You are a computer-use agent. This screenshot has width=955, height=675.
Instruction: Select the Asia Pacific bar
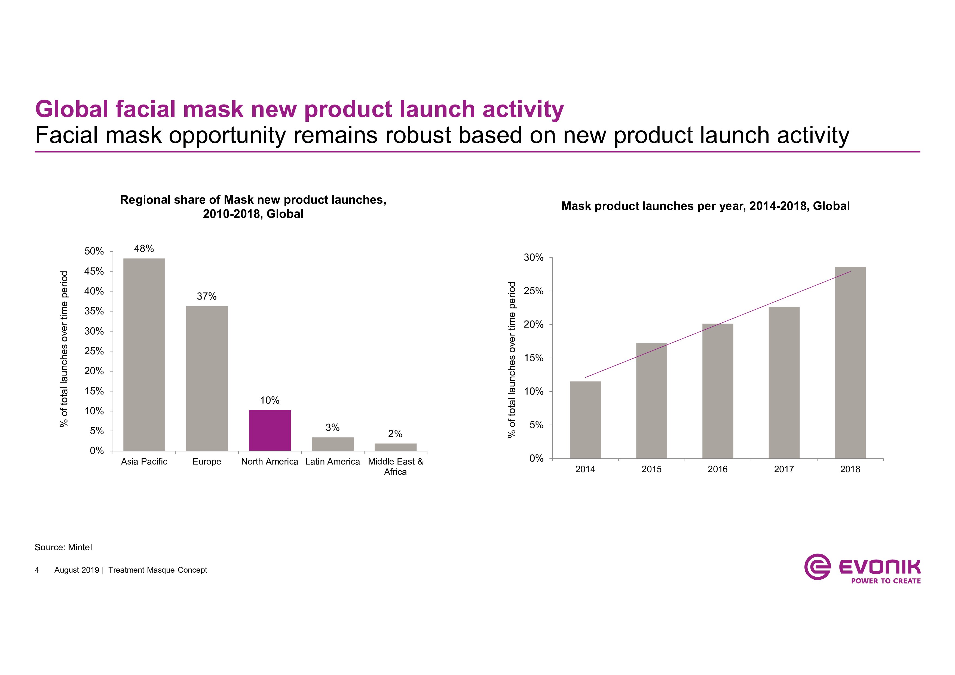coord(144,354)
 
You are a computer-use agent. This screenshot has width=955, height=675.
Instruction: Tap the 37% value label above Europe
coord(206,296)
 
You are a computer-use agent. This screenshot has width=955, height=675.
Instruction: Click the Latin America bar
coord(332,444)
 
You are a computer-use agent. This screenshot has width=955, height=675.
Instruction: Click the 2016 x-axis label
coord(718,469)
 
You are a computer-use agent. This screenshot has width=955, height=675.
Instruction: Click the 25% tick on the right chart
coord(533,291)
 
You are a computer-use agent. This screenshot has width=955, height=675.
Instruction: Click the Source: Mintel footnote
coord(63,547)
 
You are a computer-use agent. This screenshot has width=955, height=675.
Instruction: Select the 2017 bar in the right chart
coord(784,383)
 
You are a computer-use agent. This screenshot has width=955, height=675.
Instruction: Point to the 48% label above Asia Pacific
coord(144,249)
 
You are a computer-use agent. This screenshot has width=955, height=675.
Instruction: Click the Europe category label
coord(207,462)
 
